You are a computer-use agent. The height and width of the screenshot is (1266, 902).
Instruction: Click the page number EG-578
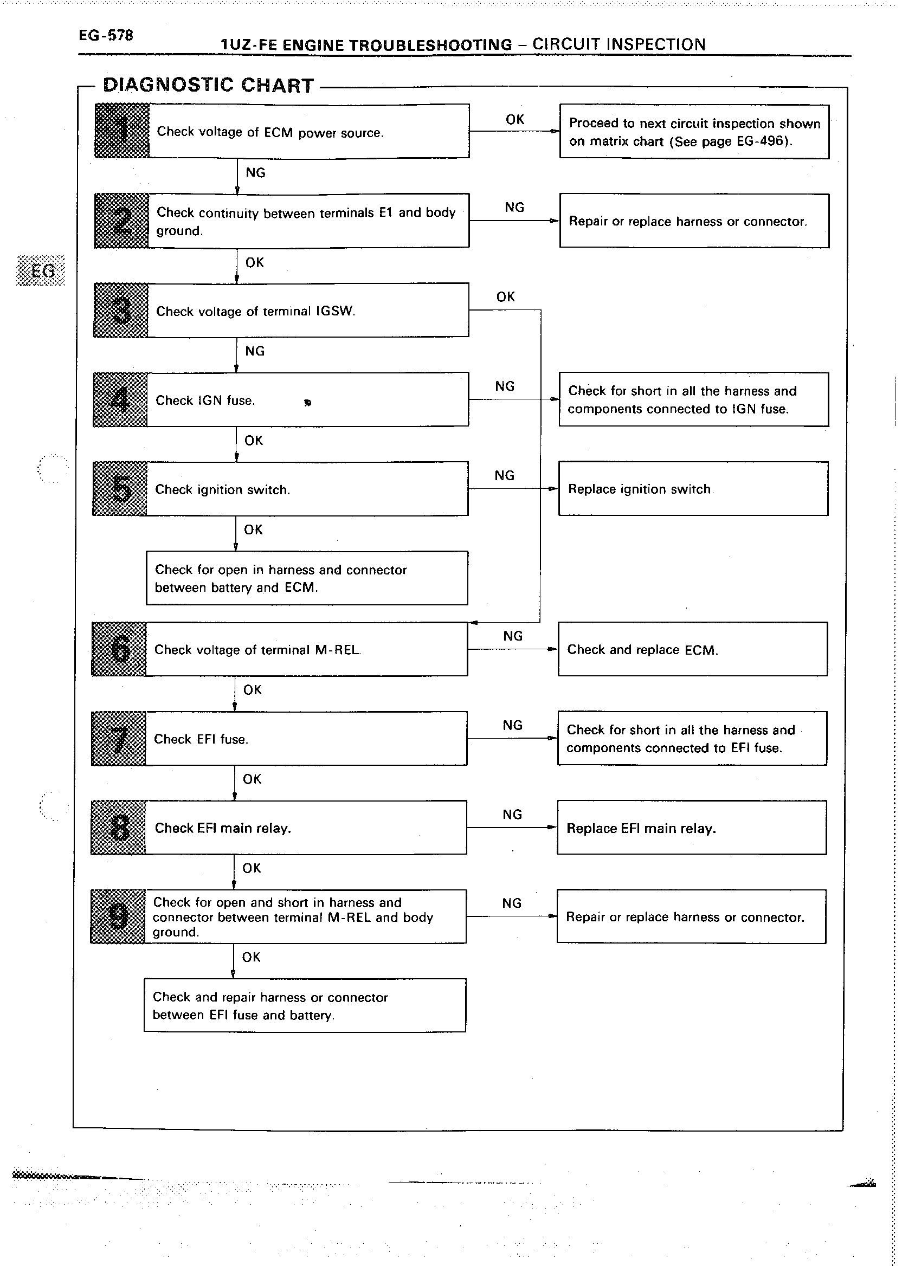point(106,36)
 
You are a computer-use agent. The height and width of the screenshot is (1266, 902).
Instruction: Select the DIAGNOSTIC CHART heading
point(209,85)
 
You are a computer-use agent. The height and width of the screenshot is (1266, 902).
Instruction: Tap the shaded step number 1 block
point(122,131)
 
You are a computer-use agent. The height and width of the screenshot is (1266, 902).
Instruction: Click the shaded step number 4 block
point(120,399)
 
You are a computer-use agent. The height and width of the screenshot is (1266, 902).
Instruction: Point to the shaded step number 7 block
point(118,739)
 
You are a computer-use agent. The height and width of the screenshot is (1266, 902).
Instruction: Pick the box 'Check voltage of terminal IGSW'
point(308,310)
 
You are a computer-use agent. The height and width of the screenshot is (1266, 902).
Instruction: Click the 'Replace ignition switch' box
point(693,489)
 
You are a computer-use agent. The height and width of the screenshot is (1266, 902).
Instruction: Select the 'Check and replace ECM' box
point(693,649)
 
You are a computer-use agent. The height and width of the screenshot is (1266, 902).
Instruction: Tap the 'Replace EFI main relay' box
point(692,828)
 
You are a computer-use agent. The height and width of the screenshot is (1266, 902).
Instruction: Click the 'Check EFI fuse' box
point(306,739)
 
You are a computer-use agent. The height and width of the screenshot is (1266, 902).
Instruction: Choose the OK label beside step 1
point(515,119)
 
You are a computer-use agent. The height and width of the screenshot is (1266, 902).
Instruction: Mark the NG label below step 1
point(255,173)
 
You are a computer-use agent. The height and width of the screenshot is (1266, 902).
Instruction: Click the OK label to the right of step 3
point(505,296)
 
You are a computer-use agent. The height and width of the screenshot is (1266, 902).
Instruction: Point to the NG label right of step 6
point(513,636)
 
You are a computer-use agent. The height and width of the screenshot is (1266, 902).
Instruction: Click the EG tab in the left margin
point(42,271)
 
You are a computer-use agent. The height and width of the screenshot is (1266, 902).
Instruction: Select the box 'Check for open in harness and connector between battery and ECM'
point(307,578)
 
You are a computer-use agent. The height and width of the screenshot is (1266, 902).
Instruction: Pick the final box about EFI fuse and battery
point(304,1005)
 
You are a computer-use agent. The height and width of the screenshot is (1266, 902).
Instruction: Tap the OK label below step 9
point(251,957)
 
